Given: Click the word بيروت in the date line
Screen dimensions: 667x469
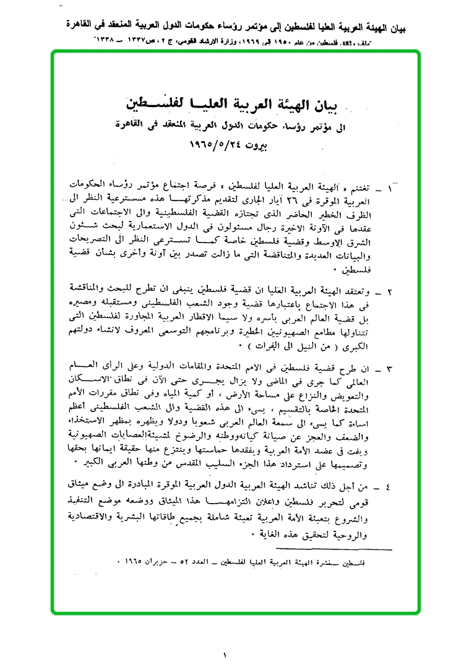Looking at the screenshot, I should pos(269,147).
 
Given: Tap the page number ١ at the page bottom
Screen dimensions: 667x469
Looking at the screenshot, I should pos(225,653).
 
